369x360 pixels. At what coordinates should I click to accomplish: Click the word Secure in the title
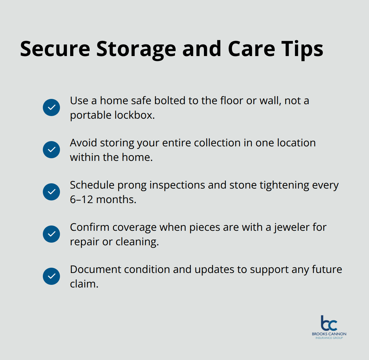pyautogui.click(x=55, y=49)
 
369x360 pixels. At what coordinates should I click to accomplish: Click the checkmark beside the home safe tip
pyautogui.click(x=51, y=107)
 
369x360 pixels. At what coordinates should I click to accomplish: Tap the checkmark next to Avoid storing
pyautogui.click(x=51, y=150)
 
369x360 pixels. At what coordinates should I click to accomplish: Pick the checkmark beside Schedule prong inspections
pyautogui.click(x=51, y=192)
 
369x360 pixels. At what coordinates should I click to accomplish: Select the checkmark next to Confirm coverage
pyautogui.click(x=51, y=234)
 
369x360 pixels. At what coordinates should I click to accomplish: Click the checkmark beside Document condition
pyautogui.click(x=51, y=276)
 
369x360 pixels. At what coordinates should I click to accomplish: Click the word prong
pyautogui.click(x=133, y=185)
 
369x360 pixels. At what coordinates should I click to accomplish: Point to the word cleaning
pyautogui.click(x=137, y=242)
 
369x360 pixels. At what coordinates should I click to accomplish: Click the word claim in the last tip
pyautogui.click(x=84, y=284)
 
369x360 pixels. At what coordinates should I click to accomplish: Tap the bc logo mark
pyautogui.click(x=329, y=323)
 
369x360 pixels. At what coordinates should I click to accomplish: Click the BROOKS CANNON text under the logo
pyautogui.click(x=329, y=334)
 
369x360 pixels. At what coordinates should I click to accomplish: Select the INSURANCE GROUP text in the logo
pyautogui.click(x=329, y=338)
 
